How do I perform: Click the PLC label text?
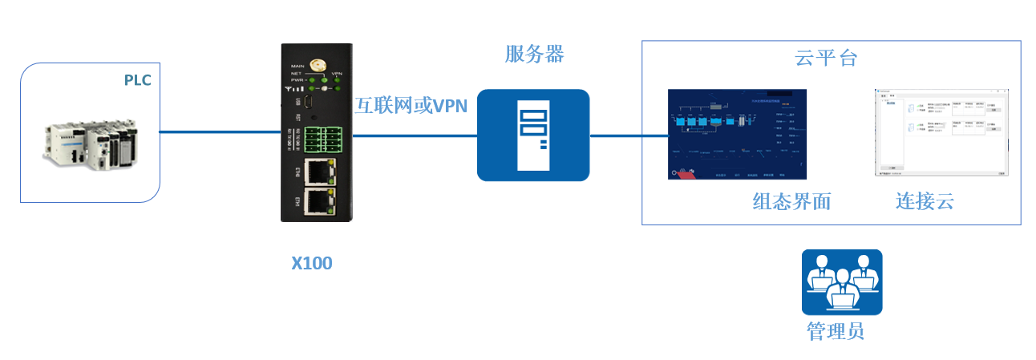137,80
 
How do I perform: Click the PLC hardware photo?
90,144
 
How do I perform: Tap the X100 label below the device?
311,263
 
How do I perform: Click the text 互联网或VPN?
411,105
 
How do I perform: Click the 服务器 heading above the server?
534,55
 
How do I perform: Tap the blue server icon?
533,136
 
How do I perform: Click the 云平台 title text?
826,58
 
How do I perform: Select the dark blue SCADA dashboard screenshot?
737,134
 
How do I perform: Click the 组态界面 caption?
791,202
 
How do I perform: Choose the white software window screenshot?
940,132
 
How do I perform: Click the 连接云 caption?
925,201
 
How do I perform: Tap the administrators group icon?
841,281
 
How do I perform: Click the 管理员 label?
836,331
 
